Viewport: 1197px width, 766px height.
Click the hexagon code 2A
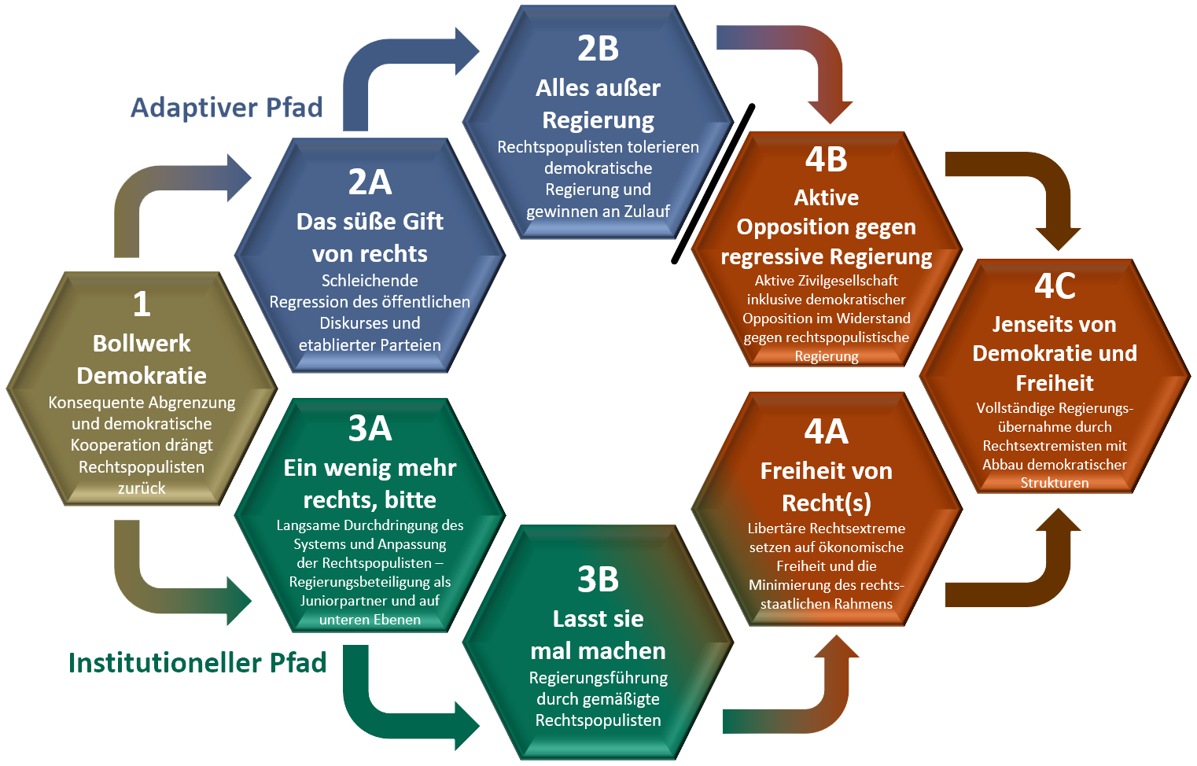370,182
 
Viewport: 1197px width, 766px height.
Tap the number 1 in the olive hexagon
142,304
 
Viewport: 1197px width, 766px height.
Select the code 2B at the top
598,49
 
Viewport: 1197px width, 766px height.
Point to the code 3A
370,429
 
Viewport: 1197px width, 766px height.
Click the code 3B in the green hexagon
598,580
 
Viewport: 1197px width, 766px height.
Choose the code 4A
826,432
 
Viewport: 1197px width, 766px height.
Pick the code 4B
826,160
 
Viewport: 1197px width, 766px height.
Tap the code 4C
1054,286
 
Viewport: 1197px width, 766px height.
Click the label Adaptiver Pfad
227,107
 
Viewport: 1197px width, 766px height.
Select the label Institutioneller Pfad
197,662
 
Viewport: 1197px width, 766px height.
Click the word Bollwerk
142,344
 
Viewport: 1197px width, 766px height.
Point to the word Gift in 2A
423,222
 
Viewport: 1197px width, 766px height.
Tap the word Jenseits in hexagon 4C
1023,324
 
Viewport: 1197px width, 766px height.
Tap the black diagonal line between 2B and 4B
713,184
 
